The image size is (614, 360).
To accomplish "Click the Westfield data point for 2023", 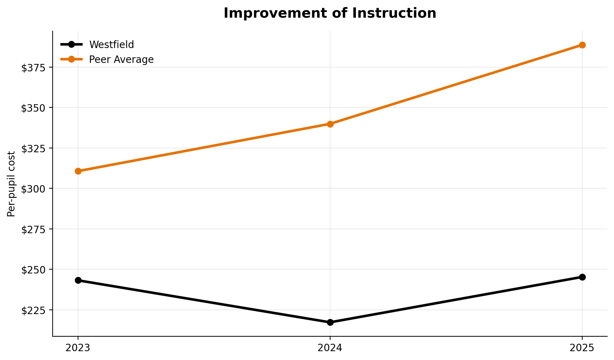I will [78, 280].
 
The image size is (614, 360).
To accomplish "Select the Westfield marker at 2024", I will [330, 322].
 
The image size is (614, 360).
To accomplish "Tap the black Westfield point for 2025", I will [582, 277].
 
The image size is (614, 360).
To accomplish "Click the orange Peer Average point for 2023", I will [78, 171].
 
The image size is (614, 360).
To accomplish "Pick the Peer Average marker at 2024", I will [330, 124].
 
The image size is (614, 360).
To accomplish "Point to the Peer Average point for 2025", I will [582, 45].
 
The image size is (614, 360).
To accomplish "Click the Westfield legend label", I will [112, 45].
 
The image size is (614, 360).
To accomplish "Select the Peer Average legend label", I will [121, 59].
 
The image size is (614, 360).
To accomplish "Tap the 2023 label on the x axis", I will [78, 348].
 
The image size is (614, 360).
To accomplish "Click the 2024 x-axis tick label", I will [330, 348].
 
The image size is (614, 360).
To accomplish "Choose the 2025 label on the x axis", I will [582, 348].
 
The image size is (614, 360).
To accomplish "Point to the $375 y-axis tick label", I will [34, 67].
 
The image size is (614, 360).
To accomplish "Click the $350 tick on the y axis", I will [34, 108].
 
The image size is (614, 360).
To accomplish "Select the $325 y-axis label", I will [34, 148].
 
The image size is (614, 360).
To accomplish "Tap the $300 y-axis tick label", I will [34, 189].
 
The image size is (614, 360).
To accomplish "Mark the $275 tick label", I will [34, 229].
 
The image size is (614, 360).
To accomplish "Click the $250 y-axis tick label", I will [34, 270].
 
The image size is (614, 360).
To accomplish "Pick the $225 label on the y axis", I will [34, 310].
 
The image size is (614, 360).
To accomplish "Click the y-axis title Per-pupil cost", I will [11, 184].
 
